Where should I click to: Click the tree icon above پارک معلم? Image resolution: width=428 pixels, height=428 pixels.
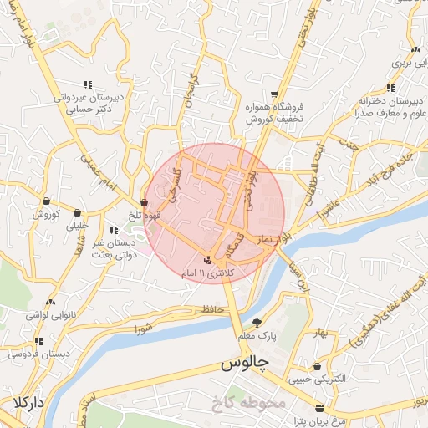[257, 323]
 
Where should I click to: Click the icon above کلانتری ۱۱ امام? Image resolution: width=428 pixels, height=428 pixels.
[207, 259]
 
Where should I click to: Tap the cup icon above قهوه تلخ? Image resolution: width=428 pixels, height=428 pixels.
[145, 202]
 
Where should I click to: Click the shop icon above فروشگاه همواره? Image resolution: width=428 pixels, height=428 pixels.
[274, 94]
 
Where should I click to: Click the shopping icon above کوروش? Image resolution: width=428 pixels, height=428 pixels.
[45, 201]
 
